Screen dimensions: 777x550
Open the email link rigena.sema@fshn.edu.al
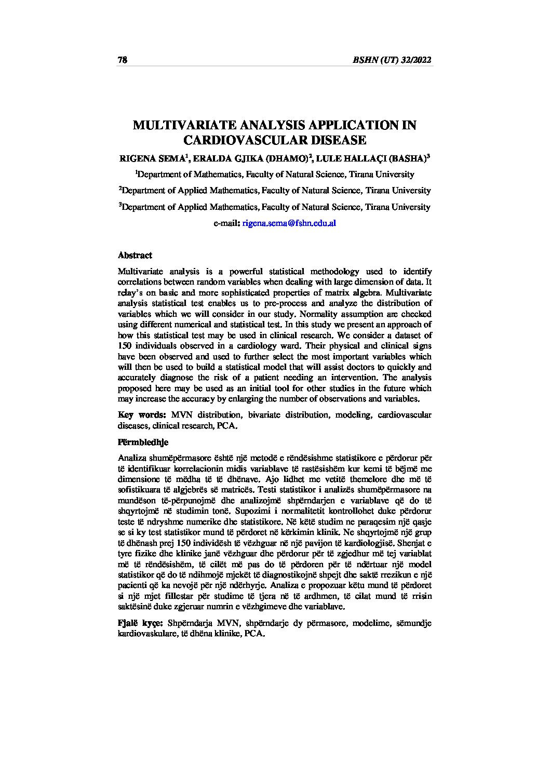[290, 223]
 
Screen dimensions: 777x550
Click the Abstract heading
[135, 255]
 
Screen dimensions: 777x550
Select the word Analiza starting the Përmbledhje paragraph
[132, 458]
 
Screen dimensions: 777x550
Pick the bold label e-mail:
[226, 223]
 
